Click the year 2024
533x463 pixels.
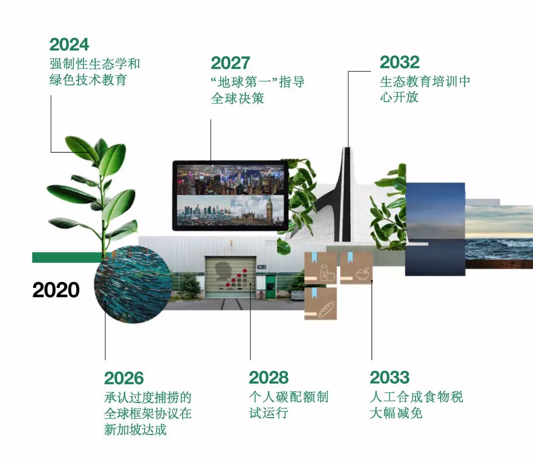point(69,44)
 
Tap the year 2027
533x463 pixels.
point(230,63)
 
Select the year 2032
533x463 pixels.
point(400,63)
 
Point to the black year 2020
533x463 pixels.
point(56,290)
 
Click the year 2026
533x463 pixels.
point(124,378)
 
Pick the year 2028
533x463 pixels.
point(268,378)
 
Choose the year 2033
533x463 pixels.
point(390,378)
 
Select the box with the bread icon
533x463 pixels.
point(320,304)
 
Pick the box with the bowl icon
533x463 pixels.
point(356,268)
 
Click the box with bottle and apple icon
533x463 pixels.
point(320,268)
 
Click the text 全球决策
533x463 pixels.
point(237,98)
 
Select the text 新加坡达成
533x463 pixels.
point(135,429)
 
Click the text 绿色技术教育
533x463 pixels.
point(88,80)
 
